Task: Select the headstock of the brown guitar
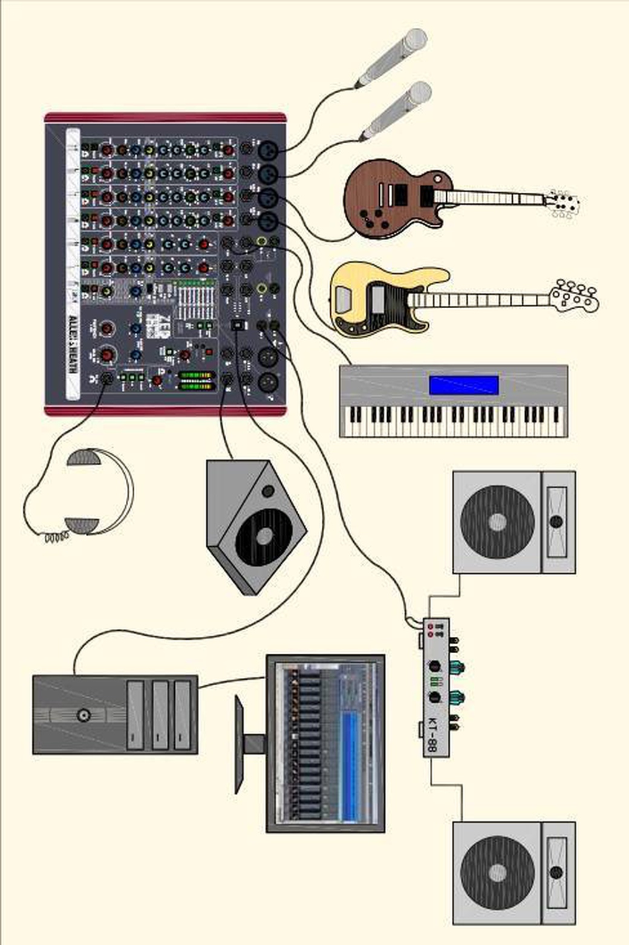point(564,204)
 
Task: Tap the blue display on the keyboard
point(464,385)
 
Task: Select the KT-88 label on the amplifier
point(432,734)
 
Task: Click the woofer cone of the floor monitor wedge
point(264,535)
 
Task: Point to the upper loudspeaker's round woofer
point(497,521)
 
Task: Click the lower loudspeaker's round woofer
point(497,872)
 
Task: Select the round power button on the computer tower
point(82,715)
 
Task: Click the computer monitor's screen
point(325,743)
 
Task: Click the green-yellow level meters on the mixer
point(197,380)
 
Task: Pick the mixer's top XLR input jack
point(267,150)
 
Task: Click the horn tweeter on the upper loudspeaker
point(556,521)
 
